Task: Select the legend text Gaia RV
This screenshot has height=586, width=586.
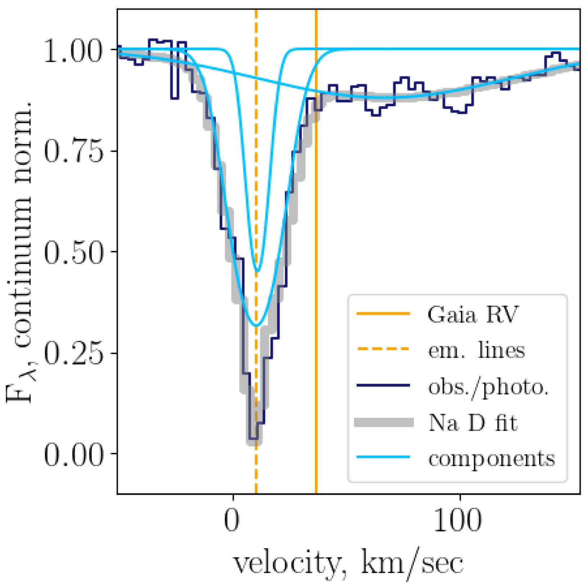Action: (472, 315)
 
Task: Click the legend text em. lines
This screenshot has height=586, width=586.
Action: (476, 350)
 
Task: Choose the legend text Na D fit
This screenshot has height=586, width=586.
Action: (473, 423)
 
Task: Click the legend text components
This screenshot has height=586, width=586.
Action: (491, 458)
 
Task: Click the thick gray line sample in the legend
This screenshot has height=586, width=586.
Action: (383, 422)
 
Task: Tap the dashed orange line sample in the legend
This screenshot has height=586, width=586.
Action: (383, 349)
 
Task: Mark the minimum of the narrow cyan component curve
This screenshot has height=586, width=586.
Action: (257, 271)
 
